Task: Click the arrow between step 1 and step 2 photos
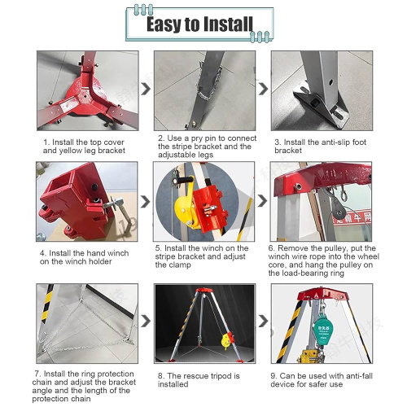tap(146, 89)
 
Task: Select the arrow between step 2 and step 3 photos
tap(263, 89)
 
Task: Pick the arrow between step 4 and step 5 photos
tap(146, 202)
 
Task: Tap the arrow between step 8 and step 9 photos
tap(263, 322)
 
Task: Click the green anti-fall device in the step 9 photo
tap(323, 329)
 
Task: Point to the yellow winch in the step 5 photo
tap(186, 210)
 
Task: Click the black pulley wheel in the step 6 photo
tap(339, 208)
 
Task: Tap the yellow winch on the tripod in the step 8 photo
tap(226, 341)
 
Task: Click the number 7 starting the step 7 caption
tap(37, 374)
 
